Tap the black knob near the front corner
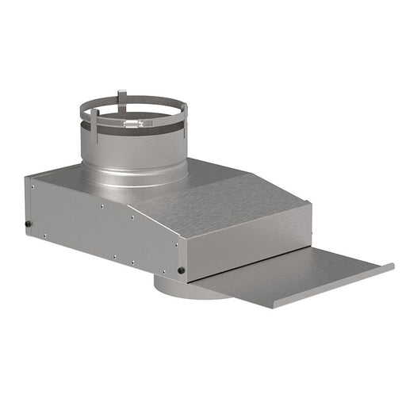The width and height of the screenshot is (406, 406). tap(182, 271)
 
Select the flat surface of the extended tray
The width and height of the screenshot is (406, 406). tap(293, 274)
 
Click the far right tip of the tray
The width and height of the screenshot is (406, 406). tap(392, 266)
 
